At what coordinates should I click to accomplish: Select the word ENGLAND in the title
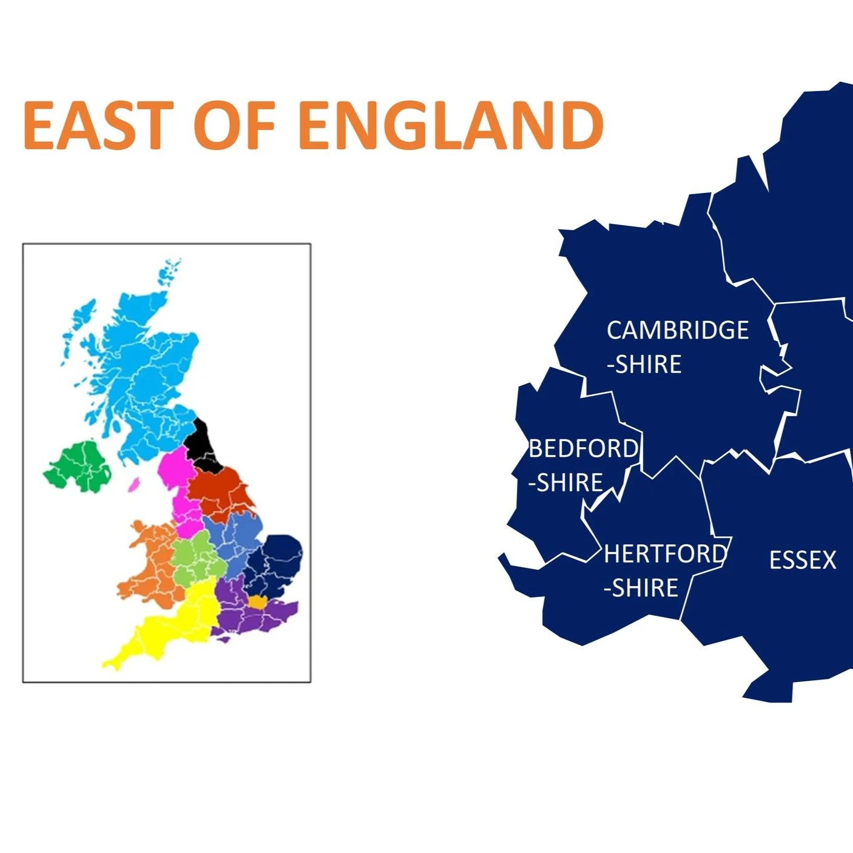450,126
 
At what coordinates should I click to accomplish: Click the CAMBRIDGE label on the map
678,331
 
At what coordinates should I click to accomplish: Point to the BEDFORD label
583,449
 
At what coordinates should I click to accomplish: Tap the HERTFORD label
665,554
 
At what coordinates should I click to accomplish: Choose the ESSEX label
802,560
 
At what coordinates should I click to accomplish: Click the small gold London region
257,602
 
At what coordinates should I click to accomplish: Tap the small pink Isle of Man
133,484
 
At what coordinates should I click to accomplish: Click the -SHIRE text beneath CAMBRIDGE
644,365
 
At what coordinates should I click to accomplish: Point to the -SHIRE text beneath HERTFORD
641,588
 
